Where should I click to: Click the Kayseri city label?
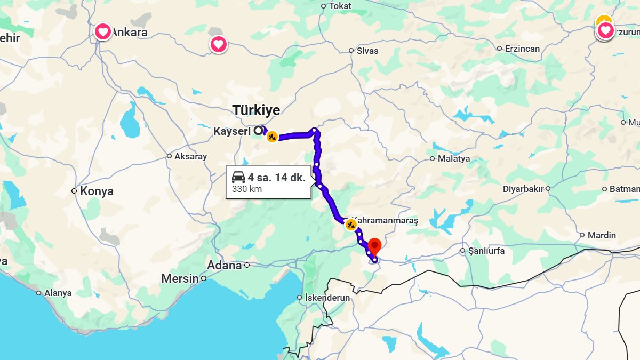(x=232, y=131)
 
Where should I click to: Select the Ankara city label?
(x=130, y=32)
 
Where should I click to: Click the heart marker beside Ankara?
(x=102, y=32)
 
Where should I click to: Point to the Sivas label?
(x=368, y=51)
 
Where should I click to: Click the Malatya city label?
(x=454, y=158)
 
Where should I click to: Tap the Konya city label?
(x=97, y=191)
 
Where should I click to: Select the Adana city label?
(x=224, y=265)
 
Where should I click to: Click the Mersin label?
(x=180, y=278)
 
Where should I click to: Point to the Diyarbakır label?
(x=523, y=189)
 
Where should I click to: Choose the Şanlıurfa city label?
(x=486, y=251)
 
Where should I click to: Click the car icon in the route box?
(x=238, y=178)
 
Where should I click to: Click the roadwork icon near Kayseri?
(x=272, y=137)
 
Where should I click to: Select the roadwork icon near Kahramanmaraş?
(x=351, y=225)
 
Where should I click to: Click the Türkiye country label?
(x=256, y=110)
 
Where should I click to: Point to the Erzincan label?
(x=522, y=49)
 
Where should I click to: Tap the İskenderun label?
(x=327, y=298)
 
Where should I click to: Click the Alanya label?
(x=58, y=293)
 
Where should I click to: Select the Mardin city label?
(x=602, y=235)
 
